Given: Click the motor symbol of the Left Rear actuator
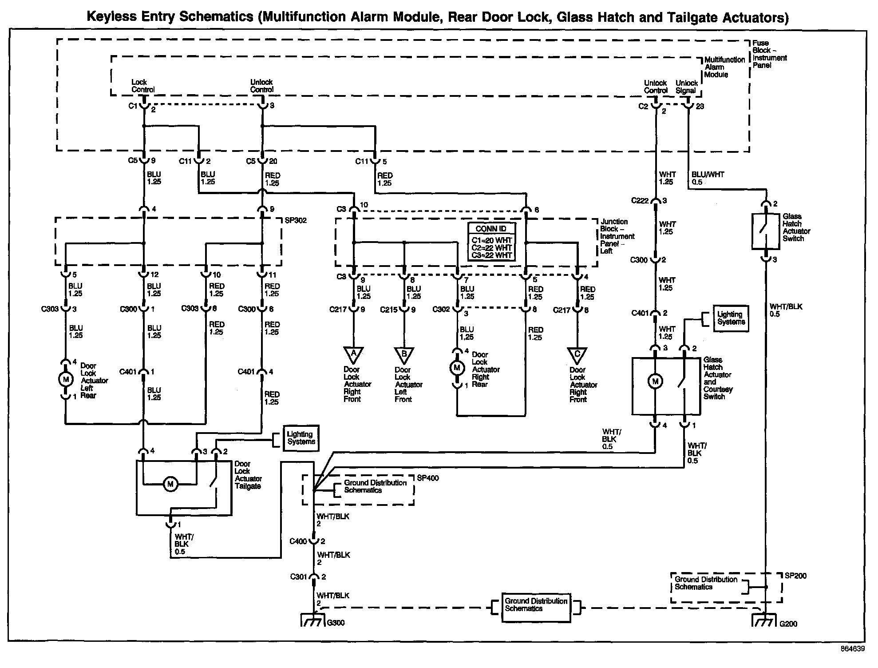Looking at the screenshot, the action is click(66, 379).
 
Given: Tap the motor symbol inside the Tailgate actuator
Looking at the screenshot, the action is click(170, 484).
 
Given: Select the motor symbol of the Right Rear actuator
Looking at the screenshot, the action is click(456, 368).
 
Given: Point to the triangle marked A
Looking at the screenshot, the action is click(353, 355).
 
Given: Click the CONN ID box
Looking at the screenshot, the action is click(491, 242).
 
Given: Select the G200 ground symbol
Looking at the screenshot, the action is click(764, 620).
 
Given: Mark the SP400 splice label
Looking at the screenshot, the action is click(428, 478).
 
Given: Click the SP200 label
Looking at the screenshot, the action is click(795, 576).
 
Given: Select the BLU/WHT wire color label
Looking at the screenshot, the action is click(708, 175).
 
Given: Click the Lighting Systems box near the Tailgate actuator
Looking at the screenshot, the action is click(301, 438).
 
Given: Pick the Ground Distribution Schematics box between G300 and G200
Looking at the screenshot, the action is click(536, 608).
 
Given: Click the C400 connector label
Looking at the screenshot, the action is click(298, 541).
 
